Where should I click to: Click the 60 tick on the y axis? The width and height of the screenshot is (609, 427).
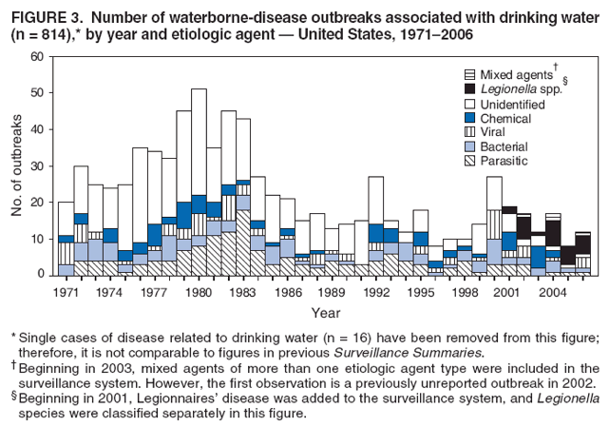coord(39,57)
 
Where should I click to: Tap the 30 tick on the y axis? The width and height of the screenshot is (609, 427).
coord(39,166)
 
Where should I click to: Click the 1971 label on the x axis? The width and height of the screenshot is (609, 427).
coord(66,293)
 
